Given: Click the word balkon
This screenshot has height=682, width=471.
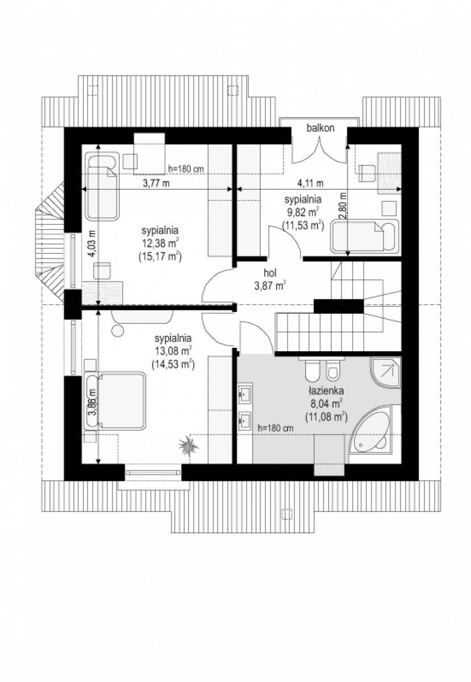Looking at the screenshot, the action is [320, 128].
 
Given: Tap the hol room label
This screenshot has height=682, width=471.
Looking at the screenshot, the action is [270, 273].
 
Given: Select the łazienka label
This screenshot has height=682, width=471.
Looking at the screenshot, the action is [326, 390].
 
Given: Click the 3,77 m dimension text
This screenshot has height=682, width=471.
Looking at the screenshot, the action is [156, 184].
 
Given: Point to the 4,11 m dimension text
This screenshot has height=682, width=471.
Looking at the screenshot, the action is [310, 183].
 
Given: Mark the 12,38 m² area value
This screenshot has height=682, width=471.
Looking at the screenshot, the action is [160, 243].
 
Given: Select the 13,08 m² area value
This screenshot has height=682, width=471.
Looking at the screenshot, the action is [173, 351].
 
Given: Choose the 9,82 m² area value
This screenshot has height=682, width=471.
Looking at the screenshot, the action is [302, 212].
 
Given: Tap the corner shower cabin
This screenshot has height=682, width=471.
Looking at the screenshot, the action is [385, 373].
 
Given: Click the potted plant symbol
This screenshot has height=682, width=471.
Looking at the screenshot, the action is [189, 446].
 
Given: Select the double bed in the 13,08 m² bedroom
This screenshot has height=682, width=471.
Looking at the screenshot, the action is [115, 401].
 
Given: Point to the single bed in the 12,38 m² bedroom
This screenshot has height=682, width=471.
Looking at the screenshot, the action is [102, 186].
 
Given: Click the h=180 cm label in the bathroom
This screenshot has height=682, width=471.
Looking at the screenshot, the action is [275, 428].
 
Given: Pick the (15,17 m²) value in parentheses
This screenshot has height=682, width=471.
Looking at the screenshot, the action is [160, 257].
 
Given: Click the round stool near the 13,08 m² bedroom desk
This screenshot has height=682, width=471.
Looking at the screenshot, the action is [118, 330].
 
